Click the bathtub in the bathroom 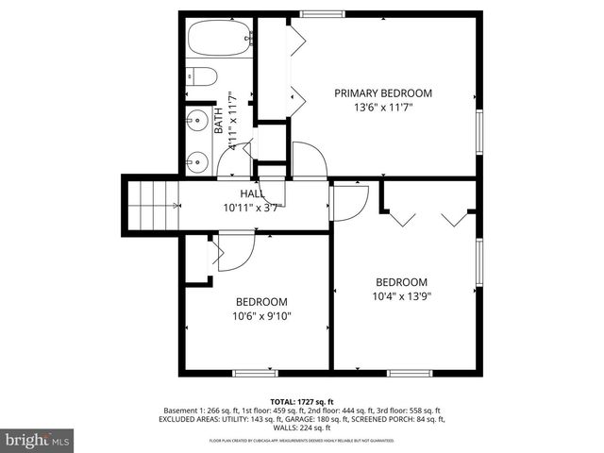(215, 40)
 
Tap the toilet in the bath (201, 77)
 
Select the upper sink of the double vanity (197, 121)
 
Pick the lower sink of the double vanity (197, 160)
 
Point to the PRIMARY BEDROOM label (383, 93)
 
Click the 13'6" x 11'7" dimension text (383, 108)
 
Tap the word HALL (238, 193)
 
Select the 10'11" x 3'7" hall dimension (251, 208)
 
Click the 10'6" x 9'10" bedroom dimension (263, 317)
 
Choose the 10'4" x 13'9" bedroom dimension (402, 296)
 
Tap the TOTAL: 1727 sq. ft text (301, 401)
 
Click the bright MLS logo (38, 440)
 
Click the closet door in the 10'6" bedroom (233, 253)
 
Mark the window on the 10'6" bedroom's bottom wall (256, 373)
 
